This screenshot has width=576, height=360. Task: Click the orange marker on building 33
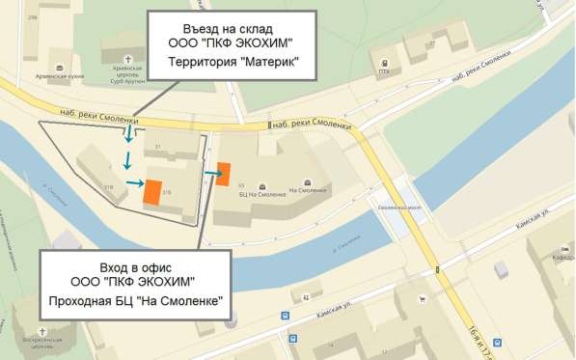pos(223,174)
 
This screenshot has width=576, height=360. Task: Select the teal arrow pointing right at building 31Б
pos(132,182)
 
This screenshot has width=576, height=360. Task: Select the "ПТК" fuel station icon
pos(384,70)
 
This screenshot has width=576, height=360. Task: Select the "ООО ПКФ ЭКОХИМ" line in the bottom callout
pos(133,282)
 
